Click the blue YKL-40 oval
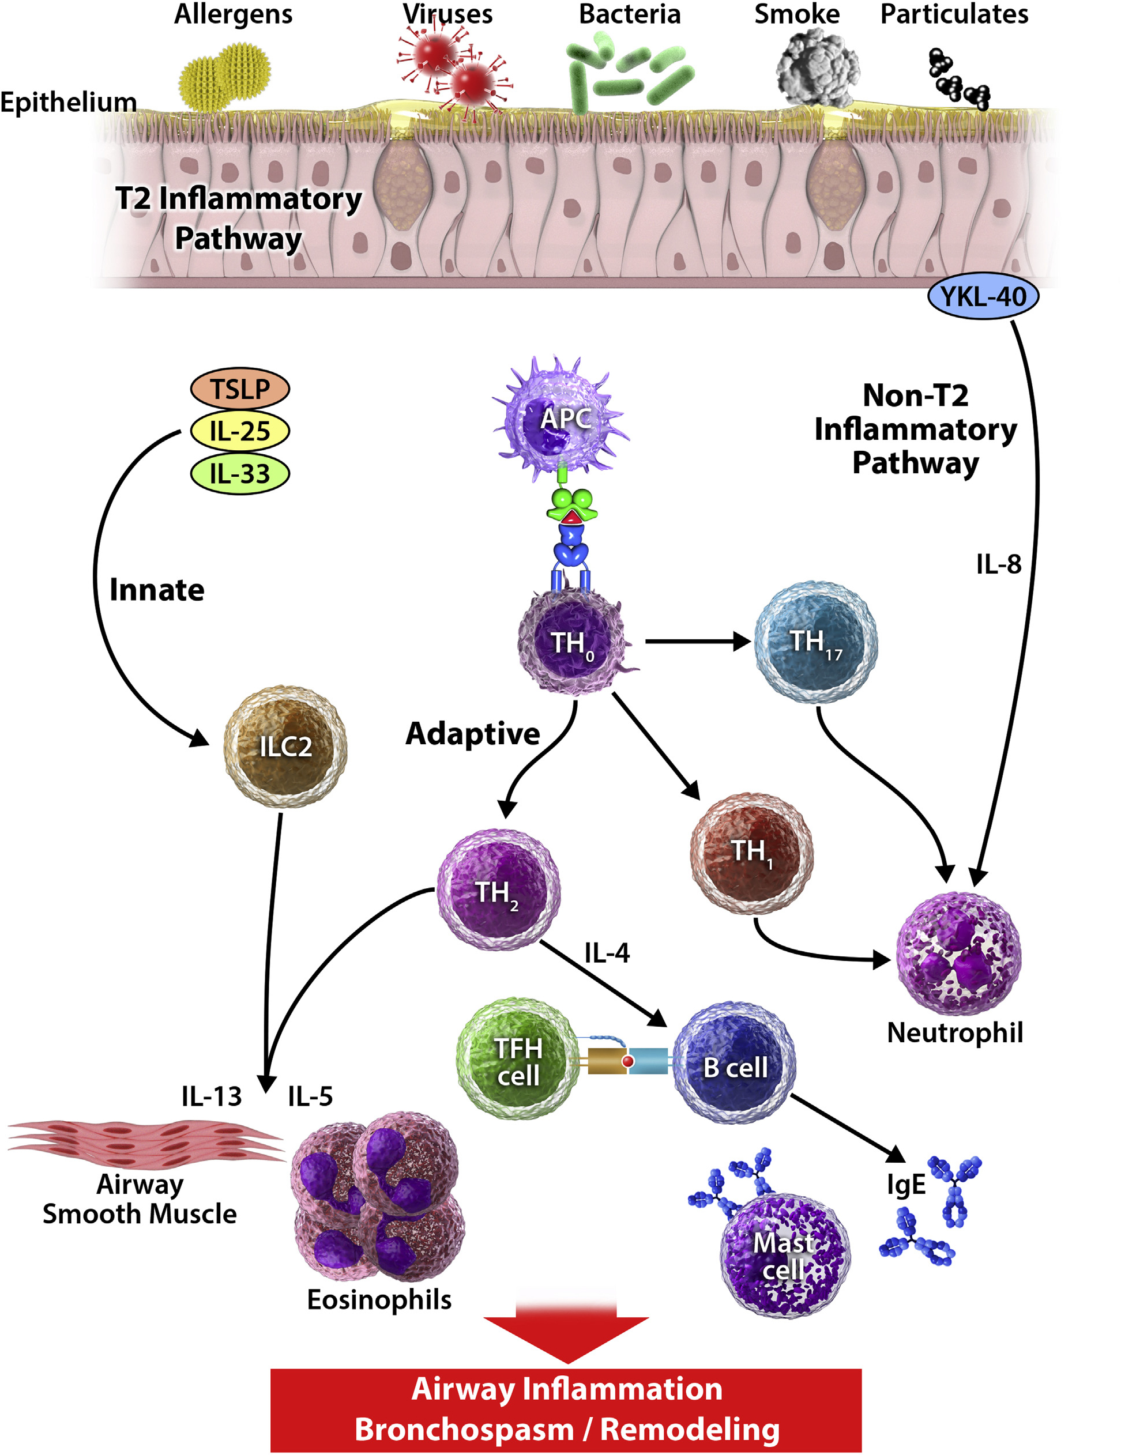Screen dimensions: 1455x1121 tap(983, 296)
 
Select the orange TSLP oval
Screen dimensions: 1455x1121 tap(240, 389)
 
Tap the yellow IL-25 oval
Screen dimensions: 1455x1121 tap(240, 431)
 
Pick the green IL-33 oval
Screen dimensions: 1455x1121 tap(240, 474)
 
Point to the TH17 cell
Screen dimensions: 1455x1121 tap(815, 642)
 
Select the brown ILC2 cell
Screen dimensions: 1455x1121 tap(285, 746)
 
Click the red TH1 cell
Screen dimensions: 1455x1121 tap(751, 852)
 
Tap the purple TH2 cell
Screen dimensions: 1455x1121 tap(498, 889)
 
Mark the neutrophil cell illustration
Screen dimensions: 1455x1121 tap(958, 953)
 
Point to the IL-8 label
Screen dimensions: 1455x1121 tap(998, 564)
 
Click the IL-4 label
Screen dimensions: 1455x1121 tap(607, 953)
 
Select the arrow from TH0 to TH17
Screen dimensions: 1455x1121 tap(697, 642)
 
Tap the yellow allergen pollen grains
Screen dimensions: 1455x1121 tap(223, 77)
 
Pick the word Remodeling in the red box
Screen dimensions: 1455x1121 tap(689, 1429)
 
